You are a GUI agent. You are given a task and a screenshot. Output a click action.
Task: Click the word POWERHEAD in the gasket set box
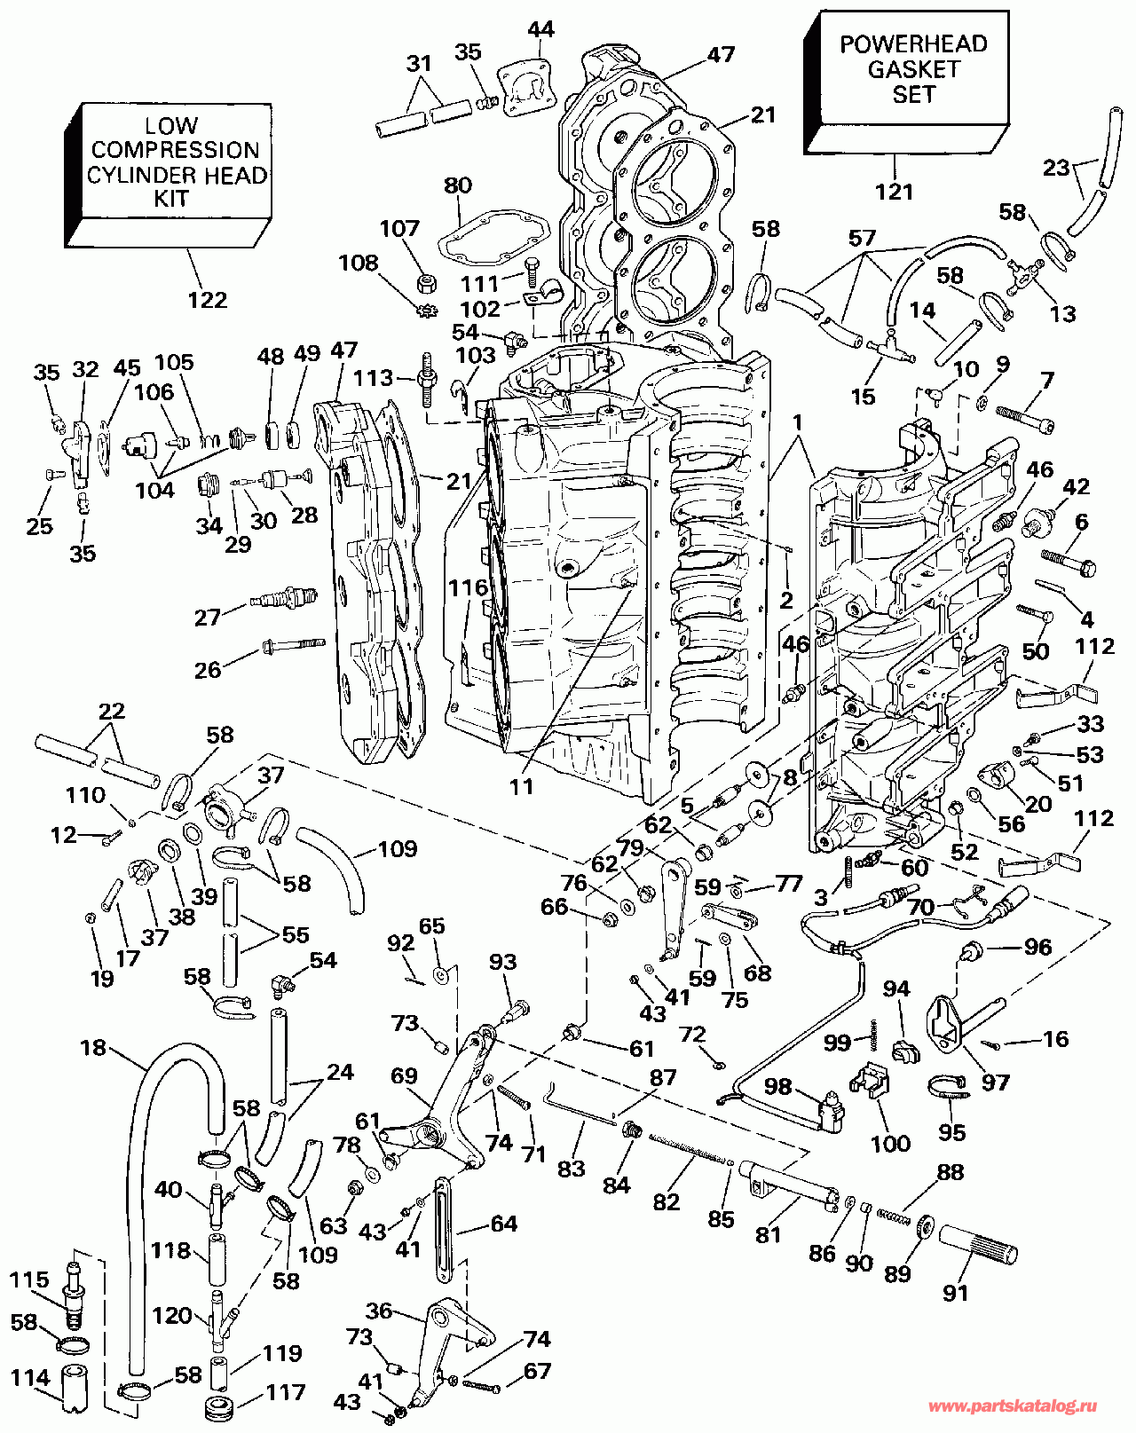point(913,44)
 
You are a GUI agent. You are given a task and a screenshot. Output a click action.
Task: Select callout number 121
point(894,192)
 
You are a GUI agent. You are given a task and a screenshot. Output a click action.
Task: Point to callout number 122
point(207,300)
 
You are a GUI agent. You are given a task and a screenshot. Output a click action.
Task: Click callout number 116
point(468,588)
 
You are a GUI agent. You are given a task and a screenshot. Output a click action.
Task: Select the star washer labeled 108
point(426,310)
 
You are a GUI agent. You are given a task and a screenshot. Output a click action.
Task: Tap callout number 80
point(458,185)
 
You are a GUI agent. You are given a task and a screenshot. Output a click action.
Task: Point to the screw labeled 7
point(1026,418)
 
